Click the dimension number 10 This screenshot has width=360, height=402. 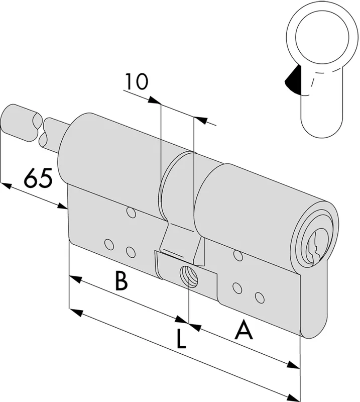coord(136,81)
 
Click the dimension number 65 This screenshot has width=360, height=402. coord(38,177)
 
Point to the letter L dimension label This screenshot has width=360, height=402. coord(181,340)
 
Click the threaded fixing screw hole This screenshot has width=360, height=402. coord(189,277)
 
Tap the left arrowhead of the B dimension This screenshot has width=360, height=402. coord(75,279)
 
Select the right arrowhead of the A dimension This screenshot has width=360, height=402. coord(293,365)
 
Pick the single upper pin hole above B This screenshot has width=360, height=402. coord(131,213)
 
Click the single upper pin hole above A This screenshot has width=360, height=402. coord(238,255)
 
